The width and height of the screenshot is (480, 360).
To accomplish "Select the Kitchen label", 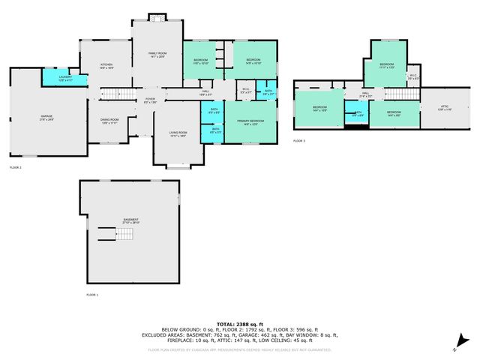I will (106, 66).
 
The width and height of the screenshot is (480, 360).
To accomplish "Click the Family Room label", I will (157, 54).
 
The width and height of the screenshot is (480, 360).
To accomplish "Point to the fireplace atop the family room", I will (156, 16).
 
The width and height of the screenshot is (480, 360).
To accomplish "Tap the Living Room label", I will (178, 134).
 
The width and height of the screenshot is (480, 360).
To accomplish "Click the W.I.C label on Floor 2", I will (245, 91).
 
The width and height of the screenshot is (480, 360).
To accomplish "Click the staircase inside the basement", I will (124, 236).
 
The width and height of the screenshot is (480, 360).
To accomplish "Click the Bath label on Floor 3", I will (358, 114).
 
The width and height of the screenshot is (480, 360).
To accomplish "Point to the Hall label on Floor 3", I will (366, 94).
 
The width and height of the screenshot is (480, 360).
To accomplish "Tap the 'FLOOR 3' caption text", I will (299, 141).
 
